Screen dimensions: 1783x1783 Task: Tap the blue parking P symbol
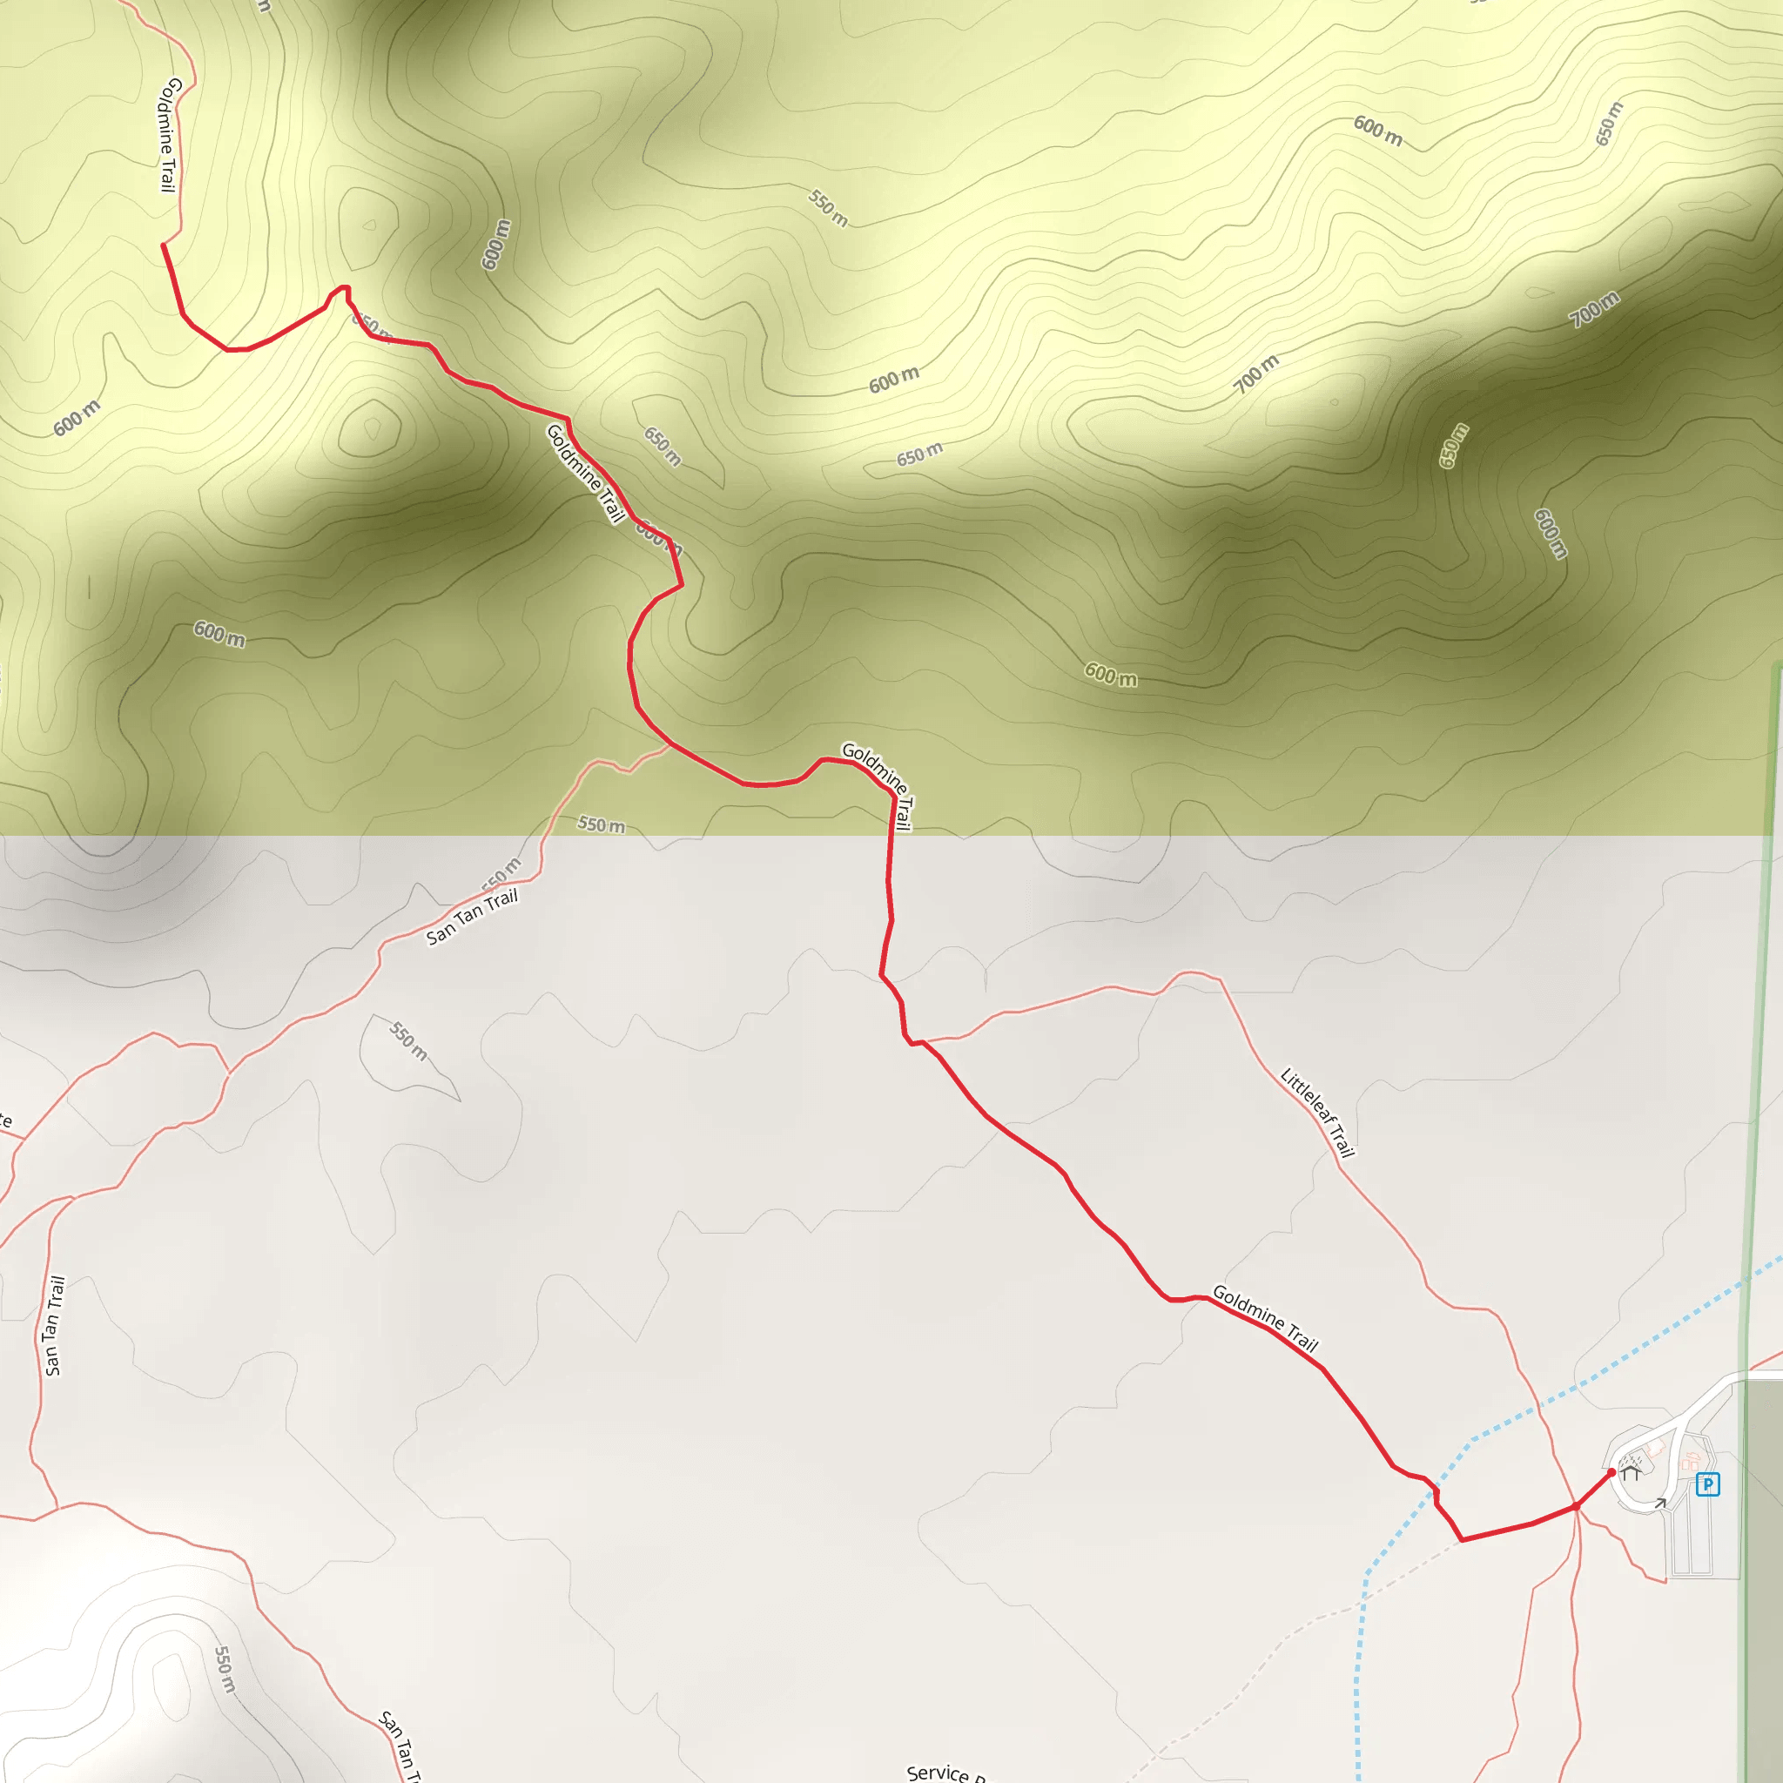pos(1707,1485)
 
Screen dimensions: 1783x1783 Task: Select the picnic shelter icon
pos(1631,1474)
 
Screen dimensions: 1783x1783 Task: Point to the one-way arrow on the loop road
pos(1659,1504)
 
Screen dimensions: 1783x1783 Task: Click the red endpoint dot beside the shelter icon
pos(1611,1472)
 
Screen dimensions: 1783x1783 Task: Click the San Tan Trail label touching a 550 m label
pos(472,918)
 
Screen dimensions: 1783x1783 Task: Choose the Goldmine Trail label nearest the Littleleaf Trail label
pos(1264,1318)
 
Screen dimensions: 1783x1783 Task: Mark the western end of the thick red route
pos(164,245)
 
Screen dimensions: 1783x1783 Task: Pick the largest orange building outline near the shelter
pos(1691,1463)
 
